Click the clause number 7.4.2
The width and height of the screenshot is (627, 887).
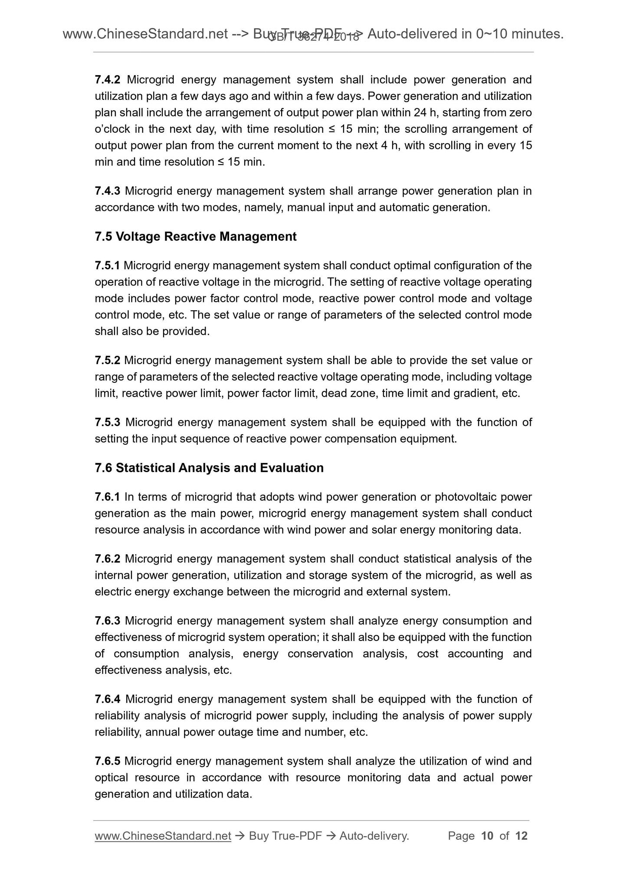click(x=107, y=80)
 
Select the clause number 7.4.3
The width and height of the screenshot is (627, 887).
click(x=107, y=191)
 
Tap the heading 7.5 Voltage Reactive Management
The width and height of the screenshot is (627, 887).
click(x=195, y=237)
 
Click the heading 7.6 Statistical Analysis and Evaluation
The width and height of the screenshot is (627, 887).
click(x=209, y=468)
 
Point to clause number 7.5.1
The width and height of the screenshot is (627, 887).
click(x=107, y=266)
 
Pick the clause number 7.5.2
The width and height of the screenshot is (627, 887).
click(x=107, y=361)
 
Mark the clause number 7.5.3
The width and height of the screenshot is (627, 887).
click(x=107, y=422)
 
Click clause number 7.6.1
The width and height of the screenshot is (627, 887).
click(x=107, y=497)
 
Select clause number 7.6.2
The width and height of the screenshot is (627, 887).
click(x=107, y=559)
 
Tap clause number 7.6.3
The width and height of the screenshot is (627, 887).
click(x=107, y=621)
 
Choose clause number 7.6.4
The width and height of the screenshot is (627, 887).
click(x=107, y=700)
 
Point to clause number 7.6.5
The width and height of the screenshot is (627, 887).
click(x=107, y=761)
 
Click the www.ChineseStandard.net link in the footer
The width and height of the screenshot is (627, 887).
click(x=163, y=836)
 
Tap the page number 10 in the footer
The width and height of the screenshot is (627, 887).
click(x=487, y=836)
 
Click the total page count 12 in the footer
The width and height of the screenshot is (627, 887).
click(x=521, y=836)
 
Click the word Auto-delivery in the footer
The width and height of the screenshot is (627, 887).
click(x=374, y=836)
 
